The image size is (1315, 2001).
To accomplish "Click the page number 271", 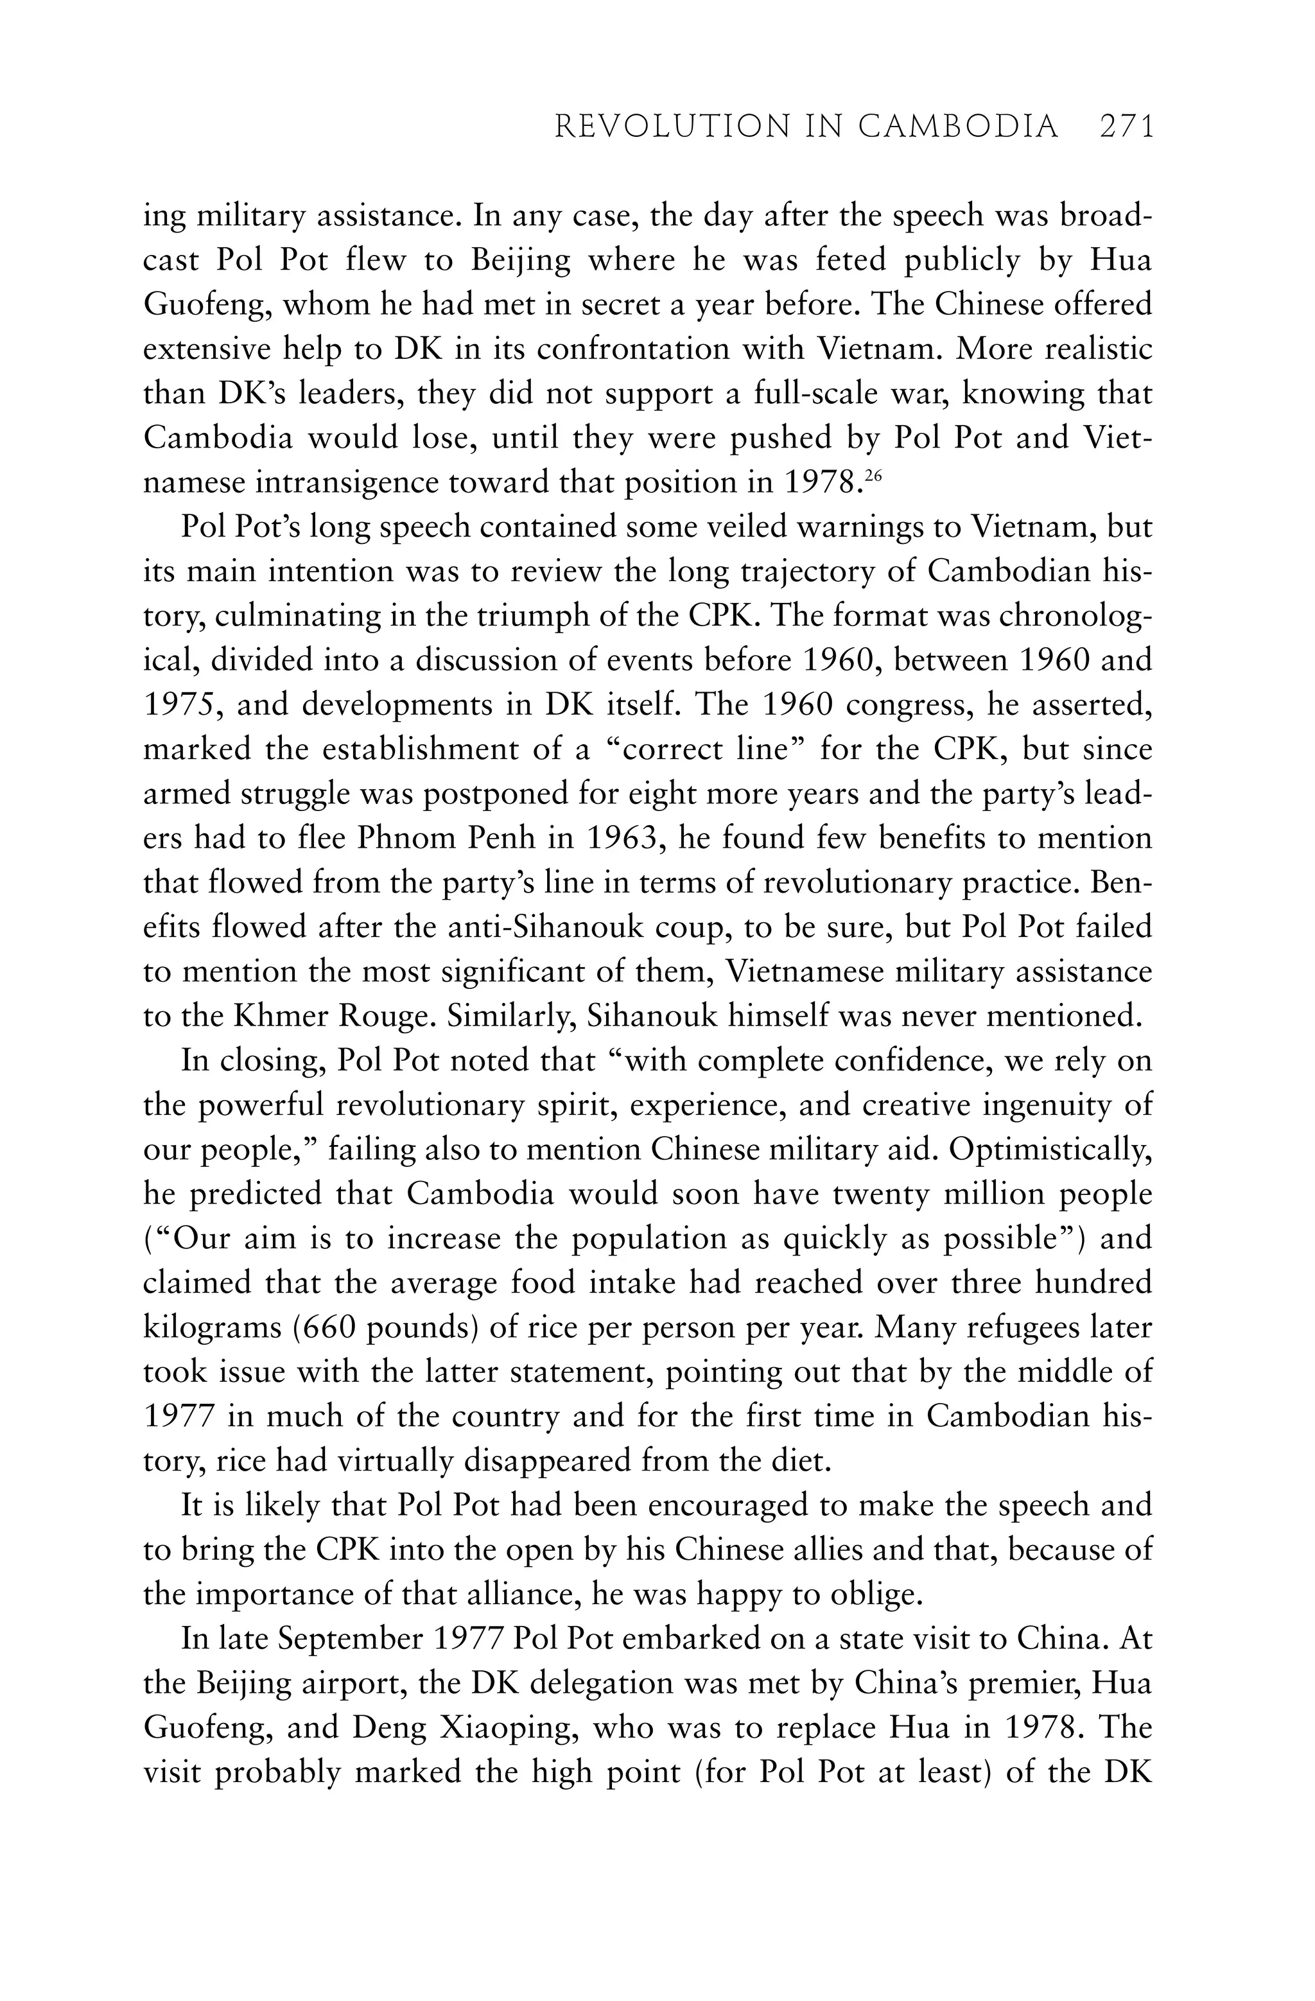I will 1126,126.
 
